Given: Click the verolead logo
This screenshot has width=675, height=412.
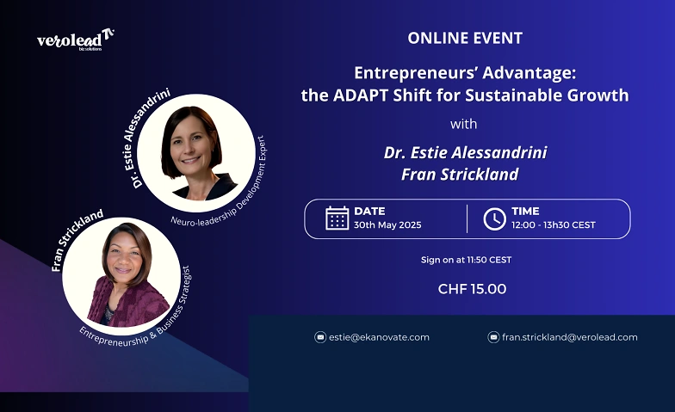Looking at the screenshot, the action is [x=76, y=40].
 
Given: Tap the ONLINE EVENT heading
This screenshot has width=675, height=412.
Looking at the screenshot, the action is [x=465, y=38].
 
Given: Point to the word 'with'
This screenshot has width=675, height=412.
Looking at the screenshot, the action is [x=463, y=124].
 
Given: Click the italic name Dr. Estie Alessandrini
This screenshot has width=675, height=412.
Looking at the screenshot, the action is [x=465, y=152].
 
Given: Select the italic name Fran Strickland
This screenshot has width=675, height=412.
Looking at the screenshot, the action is [x=460, y=174].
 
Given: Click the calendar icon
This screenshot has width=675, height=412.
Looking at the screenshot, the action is [x=337, y=218].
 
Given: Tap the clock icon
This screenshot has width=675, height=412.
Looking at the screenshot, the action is [x=494, y=218].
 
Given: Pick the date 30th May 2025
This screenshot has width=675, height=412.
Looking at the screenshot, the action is [x=387, y=225].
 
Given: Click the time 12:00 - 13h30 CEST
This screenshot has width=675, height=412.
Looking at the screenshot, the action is [x=553, y=225].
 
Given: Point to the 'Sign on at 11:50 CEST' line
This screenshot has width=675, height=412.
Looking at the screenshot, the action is [x=467, y=260].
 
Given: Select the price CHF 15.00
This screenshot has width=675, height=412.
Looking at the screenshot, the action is [x=472, y=289].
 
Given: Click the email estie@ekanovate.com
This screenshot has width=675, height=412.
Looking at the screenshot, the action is [x=379, y=337].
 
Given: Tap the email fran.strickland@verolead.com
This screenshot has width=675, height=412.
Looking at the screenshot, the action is [x=570, y=337].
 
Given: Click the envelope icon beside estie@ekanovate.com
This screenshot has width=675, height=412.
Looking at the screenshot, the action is [x=320, y=337].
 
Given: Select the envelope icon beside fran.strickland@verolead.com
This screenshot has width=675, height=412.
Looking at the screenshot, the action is [x=493, y=337].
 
